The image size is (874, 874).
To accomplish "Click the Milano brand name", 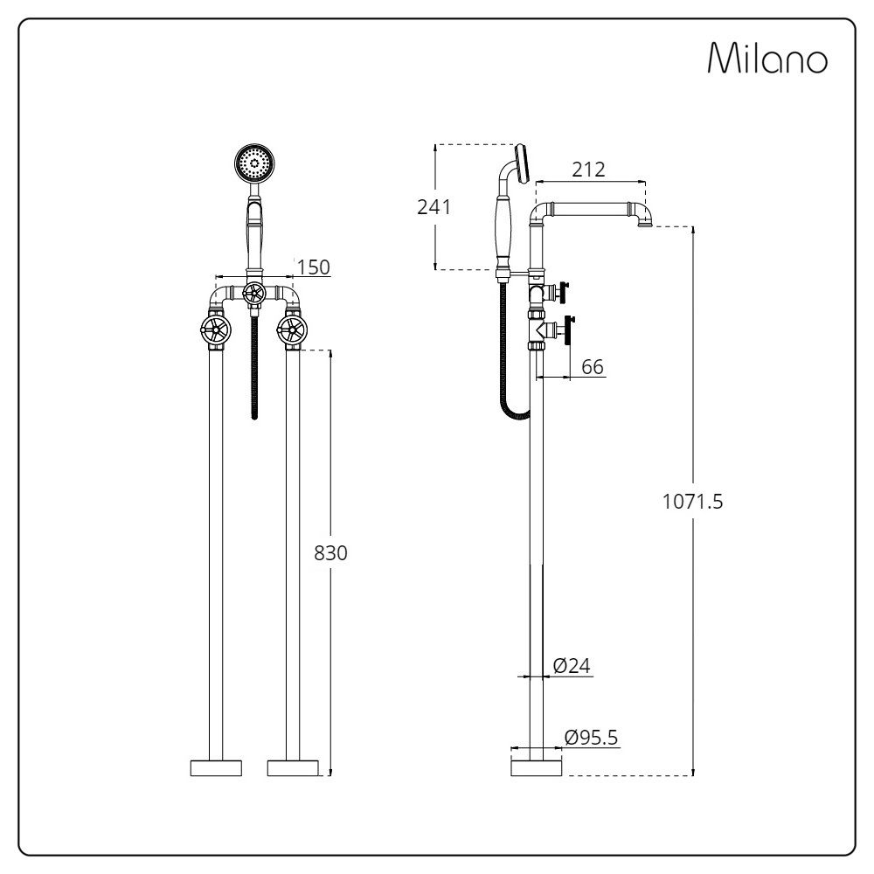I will pos(766,59).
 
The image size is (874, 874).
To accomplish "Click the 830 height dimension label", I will pos(330,553).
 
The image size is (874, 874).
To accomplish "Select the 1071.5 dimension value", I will pos(692,502).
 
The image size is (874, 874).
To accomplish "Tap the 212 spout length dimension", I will pos(588,170).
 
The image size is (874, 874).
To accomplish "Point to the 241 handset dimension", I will pos(434,208).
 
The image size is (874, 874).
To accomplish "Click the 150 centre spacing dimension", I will pos(313,267).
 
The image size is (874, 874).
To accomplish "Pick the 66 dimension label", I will pos(593,367).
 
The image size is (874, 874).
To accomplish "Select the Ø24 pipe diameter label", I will pos(572,666).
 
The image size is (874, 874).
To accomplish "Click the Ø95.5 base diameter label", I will pos(591,738).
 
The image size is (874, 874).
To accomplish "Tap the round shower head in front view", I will pos(254,163).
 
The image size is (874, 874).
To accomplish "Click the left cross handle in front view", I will pos(215,329).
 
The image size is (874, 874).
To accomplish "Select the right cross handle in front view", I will pos(291,329).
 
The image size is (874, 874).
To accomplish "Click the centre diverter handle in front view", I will pos(253,293).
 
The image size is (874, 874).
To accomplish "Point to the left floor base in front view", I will pos(216,768).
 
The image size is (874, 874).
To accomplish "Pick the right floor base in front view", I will pos(292,768).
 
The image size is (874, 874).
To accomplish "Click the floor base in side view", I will pos(535,768).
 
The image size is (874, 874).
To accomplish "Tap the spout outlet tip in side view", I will pos(645,225).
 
